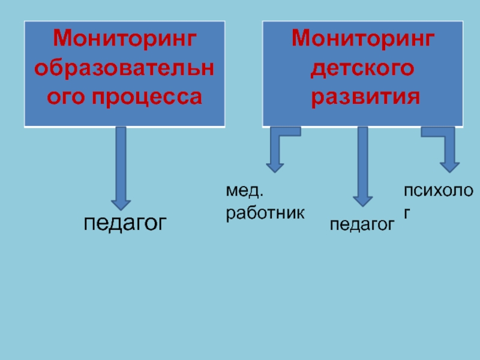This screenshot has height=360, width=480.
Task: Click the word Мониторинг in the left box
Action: coord(124,41)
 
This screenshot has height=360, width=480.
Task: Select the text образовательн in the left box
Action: coord(124,68)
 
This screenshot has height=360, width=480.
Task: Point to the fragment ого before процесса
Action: coord(67,96)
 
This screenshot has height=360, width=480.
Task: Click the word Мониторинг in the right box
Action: coord(363,41)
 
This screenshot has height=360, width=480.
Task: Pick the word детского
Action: coord(363,68)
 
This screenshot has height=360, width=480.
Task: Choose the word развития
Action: coord(363,96)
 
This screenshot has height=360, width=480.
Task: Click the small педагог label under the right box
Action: coord(362,224)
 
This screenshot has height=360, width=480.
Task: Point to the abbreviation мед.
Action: coord(245,192)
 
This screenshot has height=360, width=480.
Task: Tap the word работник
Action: coord(265,213)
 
